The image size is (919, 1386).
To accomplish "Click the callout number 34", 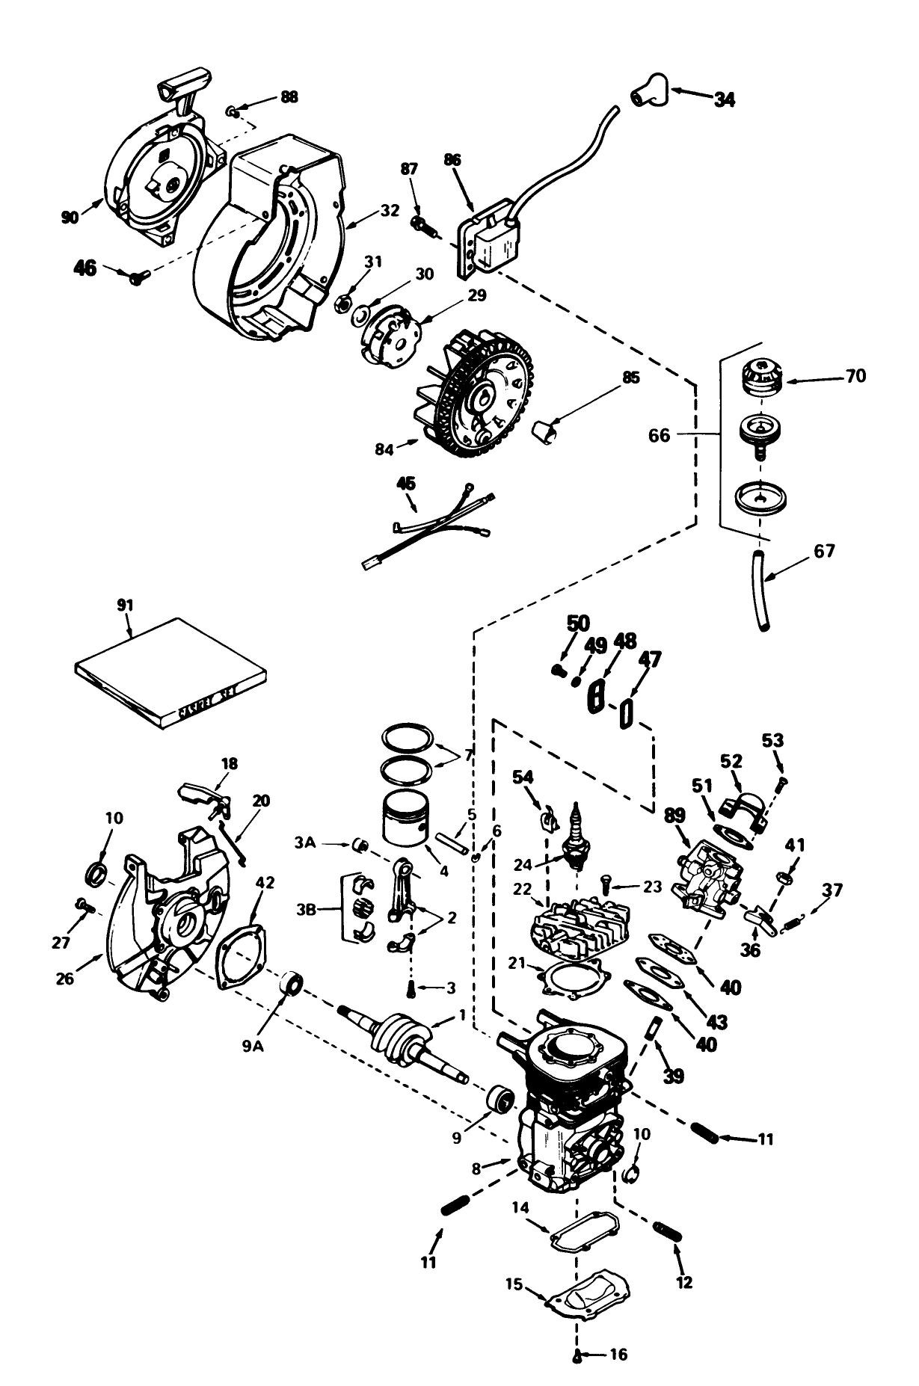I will (x=723, y=99).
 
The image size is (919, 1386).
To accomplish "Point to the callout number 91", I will (x=124, y=604).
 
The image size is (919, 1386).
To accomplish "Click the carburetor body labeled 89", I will (x=707, y=873).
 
